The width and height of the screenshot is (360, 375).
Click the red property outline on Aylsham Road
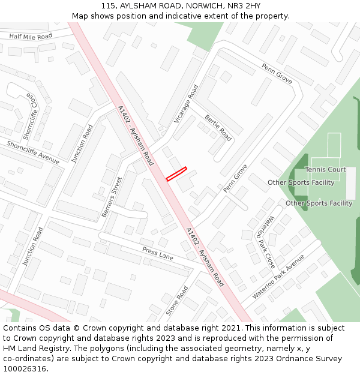tap(176, 173)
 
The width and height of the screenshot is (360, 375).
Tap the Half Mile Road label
tap(31, 37)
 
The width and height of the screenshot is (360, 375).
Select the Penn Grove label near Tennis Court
tap(277, 73)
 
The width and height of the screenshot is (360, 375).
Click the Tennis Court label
tap(325, 170)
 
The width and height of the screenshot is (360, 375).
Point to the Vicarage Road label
tap(186, 104)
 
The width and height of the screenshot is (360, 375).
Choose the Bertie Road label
tap(218, 127)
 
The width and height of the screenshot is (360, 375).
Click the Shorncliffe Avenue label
tap(33, 152)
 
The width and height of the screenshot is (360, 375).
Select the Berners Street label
tap(112, 196)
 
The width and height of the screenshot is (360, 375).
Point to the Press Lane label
tap(158, 254)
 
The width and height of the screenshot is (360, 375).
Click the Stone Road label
tap(177, 300)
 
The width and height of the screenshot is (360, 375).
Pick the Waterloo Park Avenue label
tap(278, 276)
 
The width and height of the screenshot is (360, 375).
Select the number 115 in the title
tap(108, 5)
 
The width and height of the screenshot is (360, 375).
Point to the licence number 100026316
tap(25, 368)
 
